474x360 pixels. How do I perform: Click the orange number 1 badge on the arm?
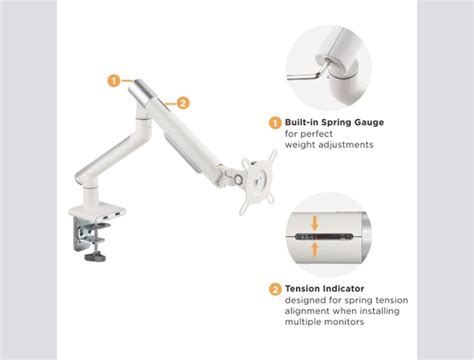[115, 80]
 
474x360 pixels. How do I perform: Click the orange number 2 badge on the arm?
[183, 101]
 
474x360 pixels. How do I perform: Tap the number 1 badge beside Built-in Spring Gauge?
[275, 122]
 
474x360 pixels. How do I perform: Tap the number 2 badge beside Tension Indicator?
[275, 289]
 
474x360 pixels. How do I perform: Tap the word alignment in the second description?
[306, 311]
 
